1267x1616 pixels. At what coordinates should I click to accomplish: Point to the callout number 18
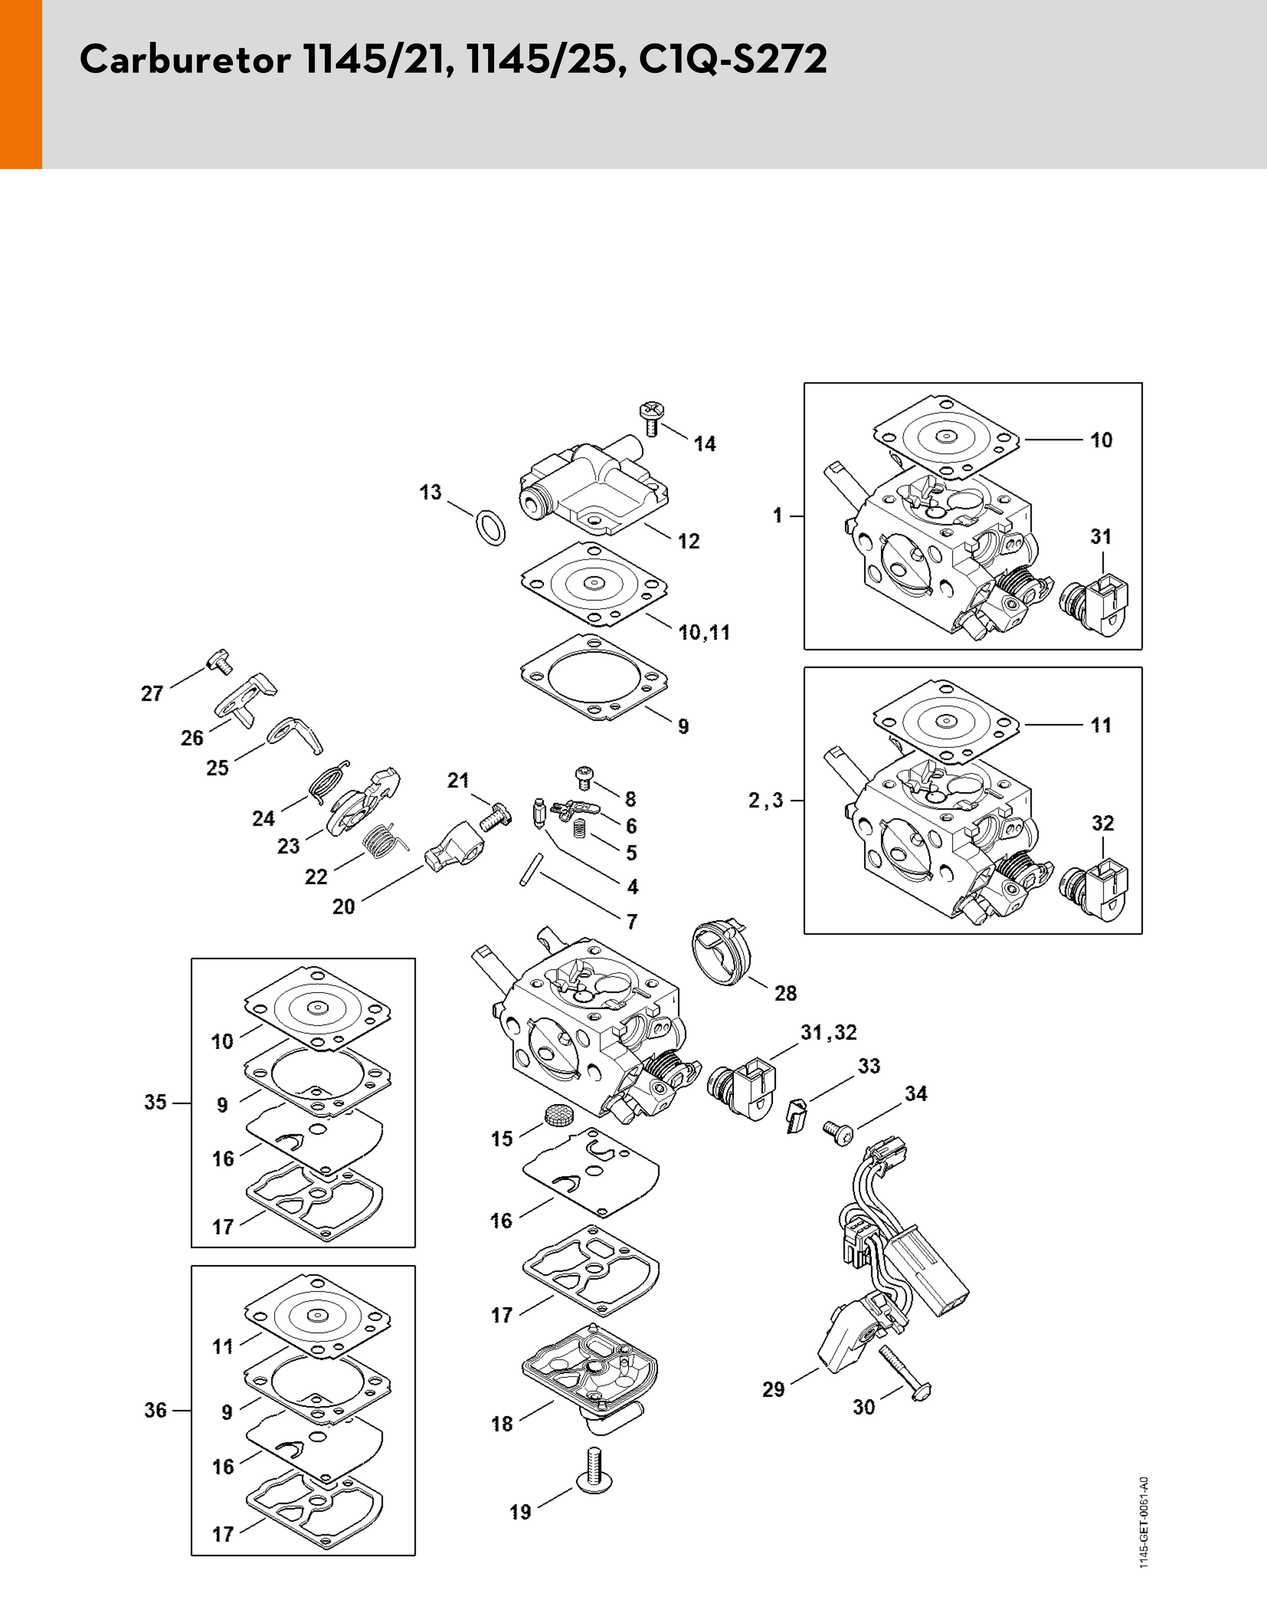502,1424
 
